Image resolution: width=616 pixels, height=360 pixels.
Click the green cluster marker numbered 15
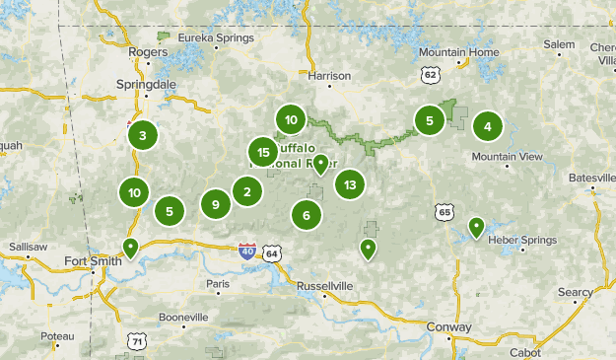coord(262,152)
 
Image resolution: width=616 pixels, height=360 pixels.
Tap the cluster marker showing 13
coord(349,183)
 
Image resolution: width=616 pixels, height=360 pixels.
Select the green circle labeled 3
coord(143,136)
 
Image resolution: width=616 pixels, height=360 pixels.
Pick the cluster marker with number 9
coord(215,204)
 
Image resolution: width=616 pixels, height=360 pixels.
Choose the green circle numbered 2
coord(247,191)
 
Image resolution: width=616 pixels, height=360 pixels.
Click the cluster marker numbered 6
coord(307,215)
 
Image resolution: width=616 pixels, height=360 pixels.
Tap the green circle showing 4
coord(487,126)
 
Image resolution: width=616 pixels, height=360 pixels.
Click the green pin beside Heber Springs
coord(476,228)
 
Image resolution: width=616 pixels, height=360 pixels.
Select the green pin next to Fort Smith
coord(130,247)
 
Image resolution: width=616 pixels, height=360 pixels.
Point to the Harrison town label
coord(329,75)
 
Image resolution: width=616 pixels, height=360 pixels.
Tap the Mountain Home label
coord(458,52)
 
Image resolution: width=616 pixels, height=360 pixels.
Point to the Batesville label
coord(591,178)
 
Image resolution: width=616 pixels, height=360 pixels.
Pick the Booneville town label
coord(183,318)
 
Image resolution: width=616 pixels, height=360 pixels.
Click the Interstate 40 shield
coord(247,252)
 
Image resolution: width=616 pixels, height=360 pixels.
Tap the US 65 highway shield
coord(445,212)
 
